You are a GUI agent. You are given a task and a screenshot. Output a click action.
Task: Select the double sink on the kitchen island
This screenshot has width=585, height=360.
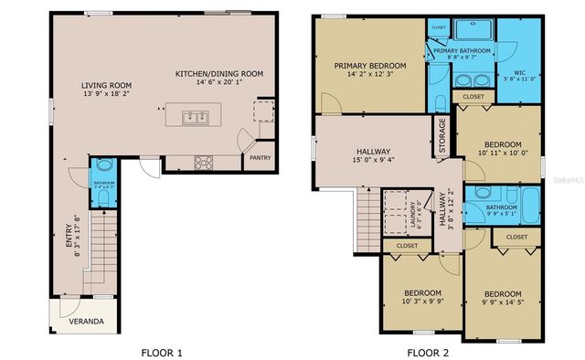[x=193, y=116]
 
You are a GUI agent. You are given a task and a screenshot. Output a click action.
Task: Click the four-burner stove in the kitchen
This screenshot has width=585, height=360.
[x=203, y=163]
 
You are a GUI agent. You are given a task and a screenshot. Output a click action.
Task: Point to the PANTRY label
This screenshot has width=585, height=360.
[x=259, y=158]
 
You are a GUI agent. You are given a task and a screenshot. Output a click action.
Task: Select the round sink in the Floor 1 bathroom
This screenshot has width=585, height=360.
[x=101, y=166]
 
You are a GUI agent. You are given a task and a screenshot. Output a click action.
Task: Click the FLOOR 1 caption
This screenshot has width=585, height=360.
[x=162, y=351]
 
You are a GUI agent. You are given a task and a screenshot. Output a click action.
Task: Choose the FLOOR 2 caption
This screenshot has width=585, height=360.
[x=428, y=351]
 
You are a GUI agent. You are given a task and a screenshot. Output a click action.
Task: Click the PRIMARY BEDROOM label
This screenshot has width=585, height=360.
[x=369, y=66]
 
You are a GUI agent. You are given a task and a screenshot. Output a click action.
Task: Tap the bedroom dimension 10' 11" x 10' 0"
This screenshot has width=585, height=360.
[x=503, y=154]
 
